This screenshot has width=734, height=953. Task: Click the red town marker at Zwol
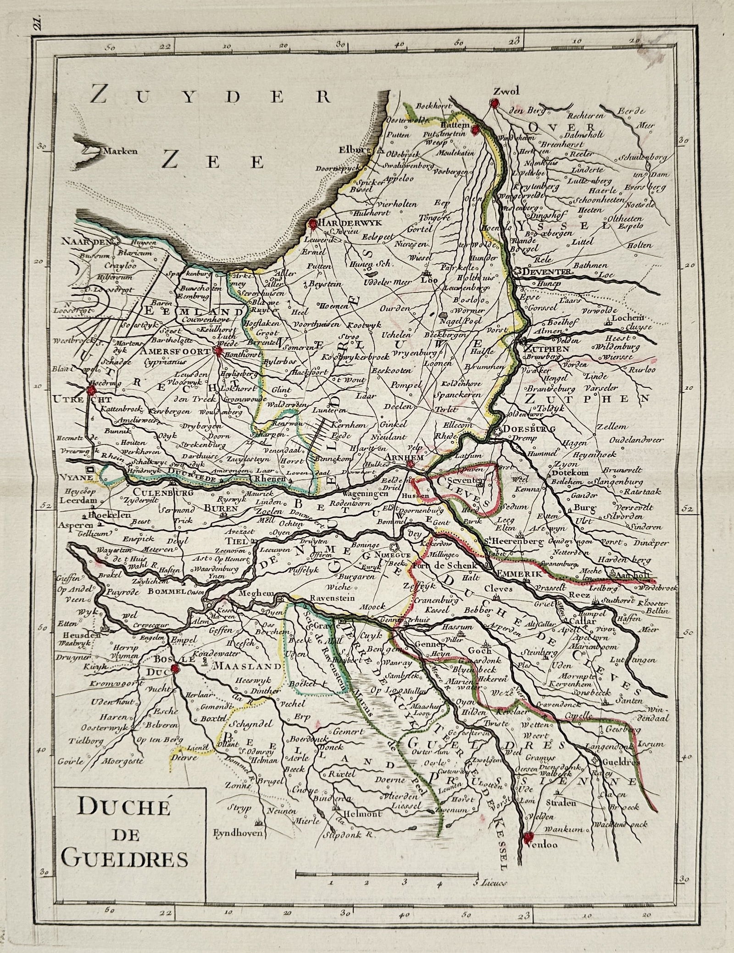(x=494, y=104)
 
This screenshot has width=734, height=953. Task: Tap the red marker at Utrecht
(x=92, y=390)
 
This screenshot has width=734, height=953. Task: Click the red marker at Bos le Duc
(x=175, y=669)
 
